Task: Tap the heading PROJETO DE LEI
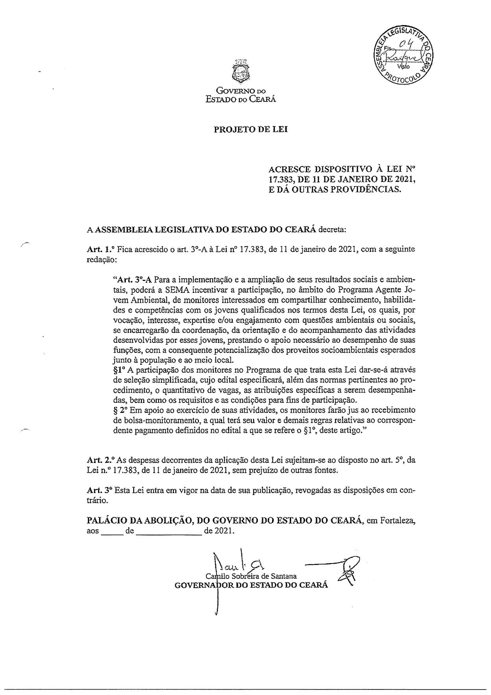(250, 129)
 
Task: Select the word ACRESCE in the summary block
(289, 170)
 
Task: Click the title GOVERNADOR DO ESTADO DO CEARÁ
(251, 585)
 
